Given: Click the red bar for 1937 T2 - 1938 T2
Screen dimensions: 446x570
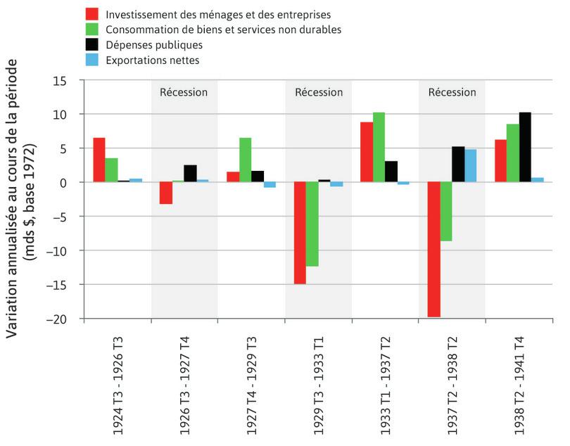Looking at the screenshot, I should (433, 249).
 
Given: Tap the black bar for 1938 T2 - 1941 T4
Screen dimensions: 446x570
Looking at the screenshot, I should (525, 147).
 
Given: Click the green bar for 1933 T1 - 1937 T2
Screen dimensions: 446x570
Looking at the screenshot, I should (379, 147).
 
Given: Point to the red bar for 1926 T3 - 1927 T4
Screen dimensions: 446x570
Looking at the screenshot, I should (166, 193).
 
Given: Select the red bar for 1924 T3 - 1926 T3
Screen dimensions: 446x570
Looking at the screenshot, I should (99, 160).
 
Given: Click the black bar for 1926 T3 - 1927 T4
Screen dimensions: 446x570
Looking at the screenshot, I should (191, 174).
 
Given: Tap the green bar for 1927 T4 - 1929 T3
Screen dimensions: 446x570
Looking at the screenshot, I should (245, 160).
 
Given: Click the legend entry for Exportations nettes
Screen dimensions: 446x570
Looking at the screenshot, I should (152, 60).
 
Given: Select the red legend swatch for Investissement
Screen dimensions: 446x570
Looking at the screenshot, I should (91, 14).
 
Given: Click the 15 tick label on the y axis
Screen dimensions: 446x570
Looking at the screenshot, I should (69, 80).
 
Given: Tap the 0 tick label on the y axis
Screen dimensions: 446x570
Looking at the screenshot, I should (72, 182).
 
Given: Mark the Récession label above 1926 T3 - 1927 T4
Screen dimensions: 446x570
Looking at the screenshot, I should (184, 92).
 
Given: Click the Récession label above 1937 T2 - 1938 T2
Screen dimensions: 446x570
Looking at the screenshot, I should (452, 92).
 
